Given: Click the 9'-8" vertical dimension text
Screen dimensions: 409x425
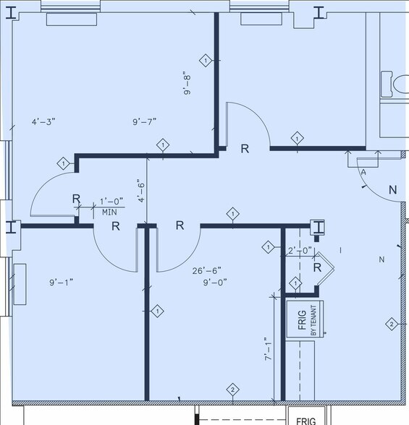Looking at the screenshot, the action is coord(187,83).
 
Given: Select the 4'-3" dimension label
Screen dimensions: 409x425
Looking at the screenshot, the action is coord(43,121).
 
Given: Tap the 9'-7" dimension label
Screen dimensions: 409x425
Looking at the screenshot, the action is coord(144,121).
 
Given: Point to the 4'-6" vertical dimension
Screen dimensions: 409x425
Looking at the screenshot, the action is coord(141,191).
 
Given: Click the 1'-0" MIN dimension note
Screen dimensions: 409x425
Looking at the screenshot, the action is coord(111,207).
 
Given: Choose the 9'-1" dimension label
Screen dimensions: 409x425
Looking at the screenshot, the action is coord(61,283).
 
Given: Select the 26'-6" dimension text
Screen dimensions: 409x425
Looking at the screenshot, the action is coord(206,270).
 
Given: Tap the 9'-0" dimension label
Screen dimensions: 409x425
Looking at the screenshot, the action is coord(215,283).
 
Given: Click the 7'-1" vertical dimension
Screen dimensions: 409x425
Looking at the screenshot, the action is coord(268,349).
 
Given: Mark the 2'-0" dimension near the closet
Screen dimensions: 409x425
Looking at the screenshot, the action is coord(300,250).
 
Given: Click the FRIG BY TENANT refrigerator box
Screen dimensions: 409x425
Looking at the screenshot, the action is coord(305,319).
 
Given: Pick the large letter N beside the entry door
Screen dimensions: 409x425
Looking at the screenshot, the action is coord(393,190).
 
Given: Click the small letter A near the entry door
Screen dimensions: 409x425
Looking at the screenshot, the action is coord(363,172).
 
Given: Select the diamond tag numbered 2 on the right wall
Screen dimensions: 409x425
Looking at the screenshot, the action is coord(392,324).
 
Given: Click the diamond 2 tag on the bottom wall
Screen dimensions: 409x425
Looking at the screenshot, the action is coord(232,390).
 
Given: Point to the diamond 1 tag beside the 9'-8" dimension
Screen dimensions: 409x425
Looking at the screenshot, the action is coord(206,61).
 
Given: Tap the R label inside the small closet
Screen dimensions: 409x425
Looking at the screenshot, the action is coord(317,267).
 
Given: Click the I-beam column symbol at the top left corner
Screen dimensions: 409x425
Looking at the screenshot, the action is coord(12,12).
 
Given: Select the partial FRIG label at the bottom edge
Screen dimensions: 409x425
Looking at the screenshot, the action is coord(306,421).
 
